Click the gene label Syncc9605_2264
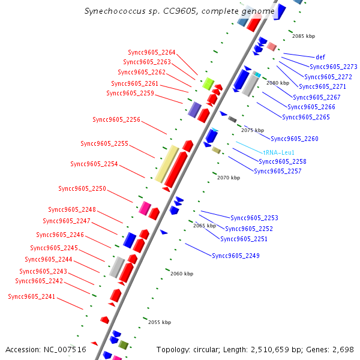coord(152,52)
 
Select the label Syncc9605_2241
coord(31,296)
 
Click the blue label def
coord(320,57)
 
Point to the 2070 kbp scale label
coord(229,178)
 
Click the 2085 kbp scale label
coord(304,36)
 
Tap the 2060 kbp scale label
coord(182,274)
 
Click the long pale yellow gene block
coord(166,163)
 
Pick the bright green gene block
coord(208,83)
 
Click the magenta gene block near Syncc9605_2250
coord(145,208)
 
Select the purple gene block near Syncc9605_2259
coord(194,109)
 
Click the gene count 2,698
coord(343,349)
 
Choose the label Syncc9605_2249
coord(236,256)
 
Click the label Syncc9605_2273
coord(334,67)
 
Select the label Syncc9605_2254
coord(94,164)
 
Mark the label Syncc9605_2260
coord(295,139)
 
